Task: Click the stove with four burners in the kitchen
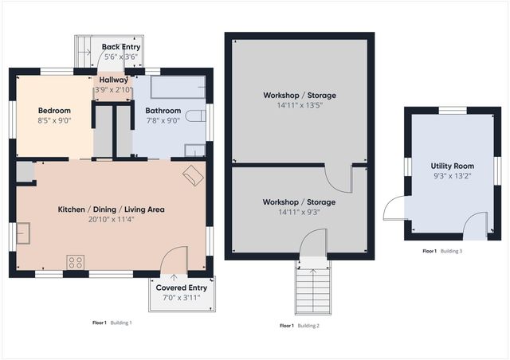[x=76, y=261]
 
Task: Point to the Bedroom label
[x=54, y=111]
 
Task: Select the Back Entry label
[x=121, y=47]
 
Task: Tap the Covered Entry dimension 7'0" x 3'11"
[x=182, y=298]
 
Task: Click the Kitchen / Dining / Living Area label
[x=111, y=209]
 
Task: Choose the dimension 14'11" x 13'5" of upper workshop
[x=300, y=106]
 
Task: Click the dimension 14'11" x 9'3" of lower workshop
[x=300, y=213]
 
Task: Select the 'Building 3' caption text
[x=451, y=251]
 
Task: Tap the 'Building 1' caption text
[x=120, y=323]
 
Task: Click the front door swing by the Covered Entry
[x=173, y=260]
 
